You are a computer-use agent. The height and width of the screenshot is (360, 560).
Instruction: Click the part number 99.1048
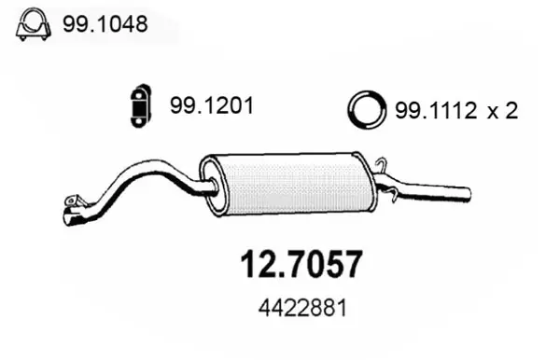tap(105, 24)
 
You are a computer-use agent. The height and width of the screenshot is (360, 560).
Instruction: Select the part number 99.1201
tap(212, 105)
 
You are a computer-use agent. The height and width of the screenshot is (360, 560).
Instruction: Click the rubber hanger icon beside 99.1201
tap(141, 106)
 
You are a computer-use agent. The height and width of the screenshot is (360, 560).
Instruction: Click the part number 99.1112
tap(436, 110)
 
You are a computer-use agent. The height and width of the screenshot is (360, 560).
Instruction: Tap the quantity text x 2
tap(502, 110)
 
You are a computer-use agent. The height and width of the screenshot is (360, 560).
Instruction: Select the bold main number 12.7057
tap(301, 264)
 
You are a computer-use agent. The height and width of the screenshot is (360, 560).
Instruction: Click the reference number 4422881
tap(302, 308)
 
